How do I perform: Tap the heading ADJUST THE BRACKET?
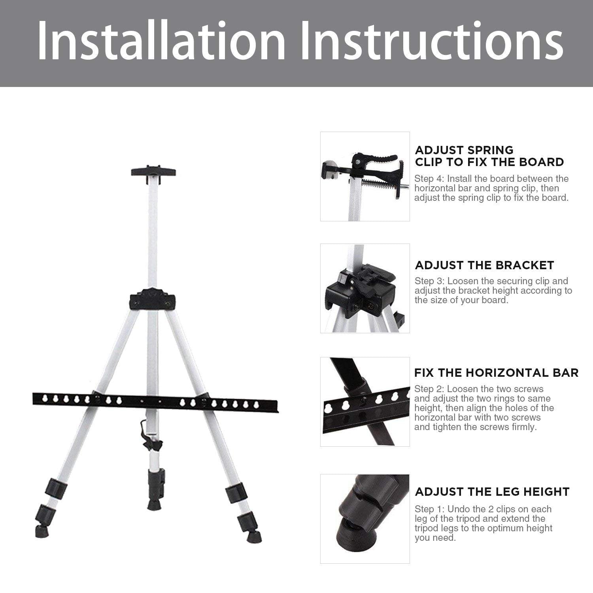[484, 265]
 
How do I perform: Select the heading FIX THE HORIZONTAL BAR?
[497, 372]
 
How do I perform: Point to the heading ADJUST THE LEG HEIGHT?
[492, 491]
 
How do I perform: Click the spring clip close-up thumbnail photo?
[365, 176]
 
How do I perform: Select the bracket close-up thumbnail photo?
[365, 288]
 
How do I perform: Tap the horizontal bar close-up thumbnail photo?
[365, 402]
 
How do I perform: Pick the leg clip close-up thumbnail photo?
[365, 519]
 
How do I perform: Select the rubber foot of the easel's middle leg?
[153, 504]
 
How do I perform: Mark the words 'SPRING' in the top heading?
[490, 150]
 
